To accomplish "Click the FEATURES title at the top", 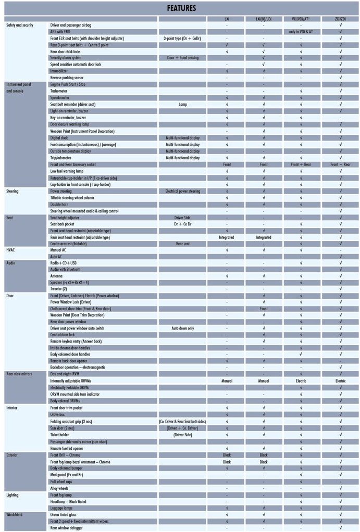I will pos(181,8).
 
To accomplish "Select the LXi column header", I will pos(227,19).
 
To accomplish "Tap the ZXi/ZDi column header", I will pos(340,19).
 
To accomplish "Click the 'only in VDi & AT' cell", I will pos(301,32).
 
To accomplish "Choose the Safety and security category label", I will pos(19,25).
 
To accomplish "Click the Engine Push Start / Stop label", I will pos(68,84).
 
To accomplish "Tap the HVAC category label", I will pos(11,250).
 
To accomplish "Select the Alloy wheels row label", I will pos(60,488).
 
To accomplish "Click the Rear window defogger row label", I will pos(68,528).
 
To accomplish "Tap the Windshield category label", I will pos(16,514).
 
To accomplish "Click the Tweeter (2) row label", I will pos(59,288).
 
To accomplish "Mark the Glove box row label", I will pos(58,414).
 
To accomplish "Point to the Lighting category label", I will pos(14,495).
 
